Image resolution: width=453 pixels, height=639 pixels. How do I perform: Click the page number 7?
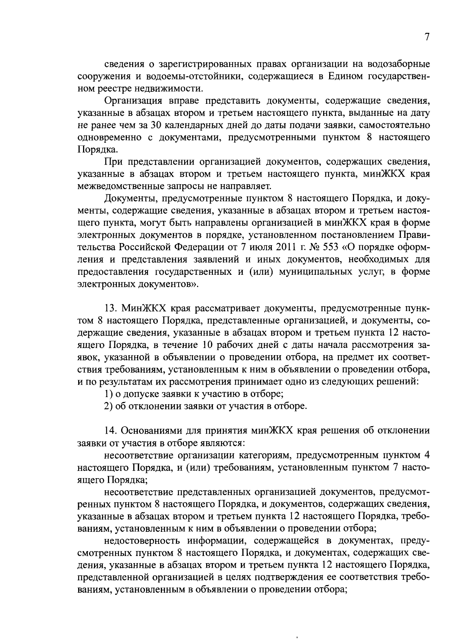pyautogui.click(x=427, y=37)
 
